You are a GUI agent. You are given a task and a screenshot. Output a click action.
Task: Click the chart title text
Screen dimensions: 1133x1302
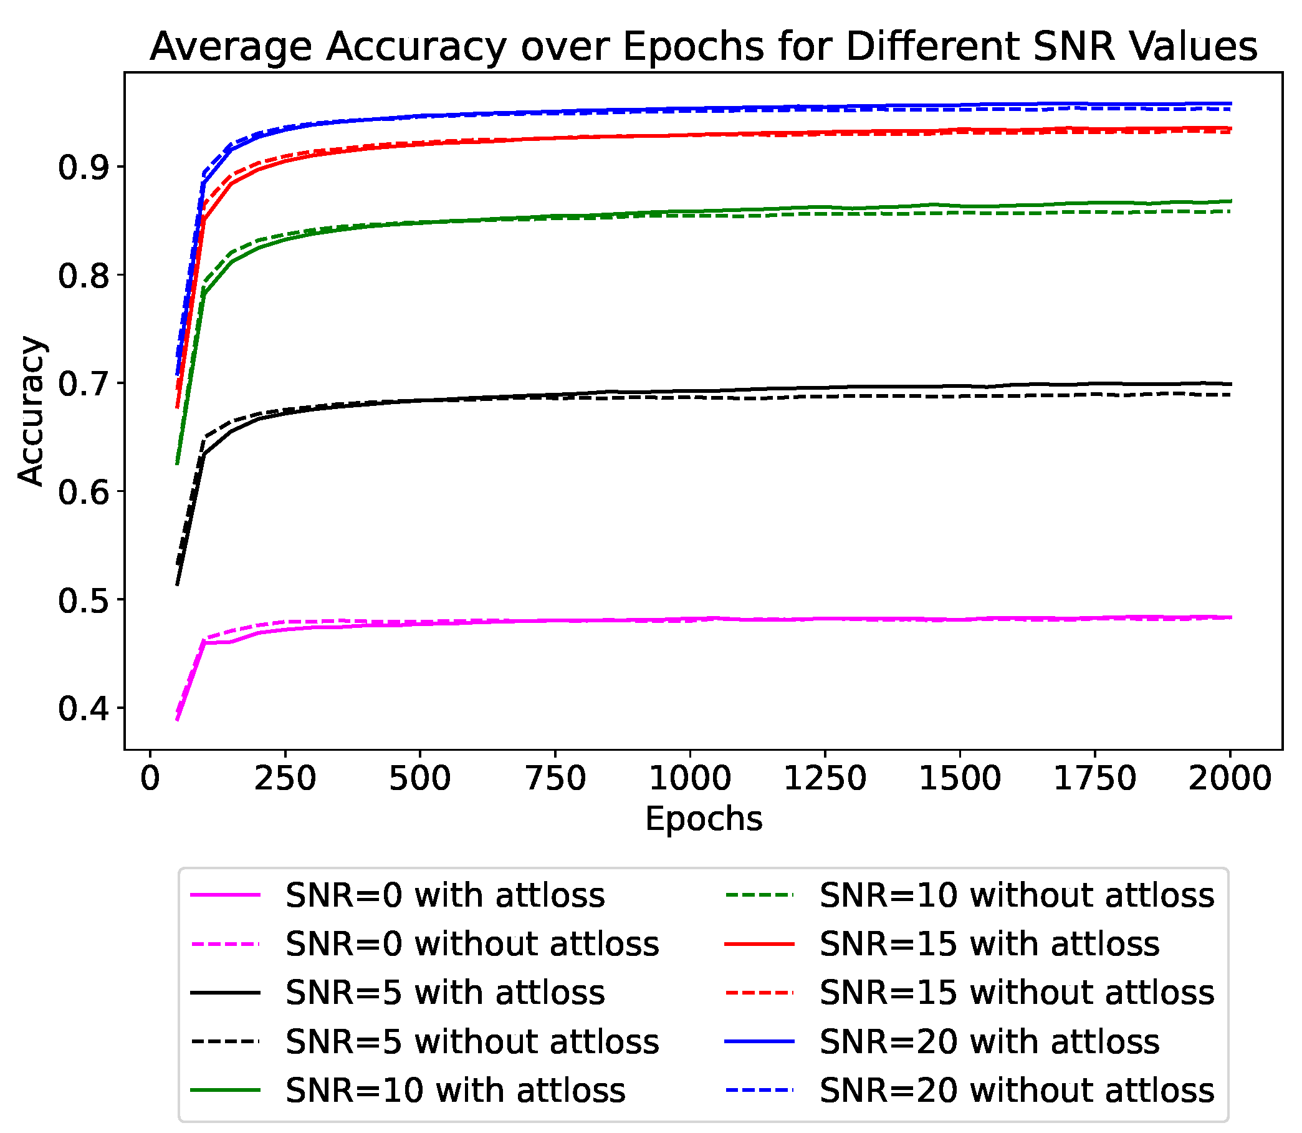703,47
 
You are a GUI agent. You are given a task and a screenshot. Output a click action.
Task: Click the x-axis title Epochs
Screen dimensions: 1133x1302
704,819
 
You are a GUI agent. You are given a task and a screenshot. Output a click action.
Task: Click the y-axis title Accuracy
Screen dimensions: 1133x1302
31,411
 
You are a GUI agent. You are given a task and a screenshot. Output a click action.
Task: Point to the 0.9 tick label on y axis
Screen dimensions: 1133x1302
83,168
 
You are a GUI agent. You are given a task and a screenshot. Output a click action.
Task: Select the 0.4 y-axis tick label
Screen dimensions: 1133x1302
83,709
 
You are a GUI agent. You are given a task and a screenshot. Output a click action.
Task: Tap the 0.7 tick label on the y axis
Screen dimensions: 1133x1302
83,384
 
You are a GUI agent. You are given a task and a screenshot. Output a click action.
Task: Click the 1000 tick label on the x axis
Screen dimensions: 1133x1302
689,778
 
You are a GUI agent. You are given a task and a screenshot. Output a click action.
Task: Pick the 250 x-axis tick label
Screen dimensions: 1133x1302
284,778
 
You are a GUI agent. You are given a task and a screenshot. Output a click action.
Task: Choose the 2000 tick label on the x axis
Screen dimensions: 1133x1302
1229,778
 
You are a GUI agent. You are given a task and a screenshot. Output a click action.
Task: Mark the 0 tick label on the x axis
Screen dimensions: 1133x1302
150,778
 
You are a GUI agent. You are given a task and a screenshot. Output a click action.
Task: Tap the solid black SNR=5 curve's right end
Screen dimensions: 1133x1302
1228,383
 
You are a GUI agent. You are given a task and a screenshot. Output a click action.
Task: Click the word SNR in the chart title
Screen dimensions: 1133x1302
1074,47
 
